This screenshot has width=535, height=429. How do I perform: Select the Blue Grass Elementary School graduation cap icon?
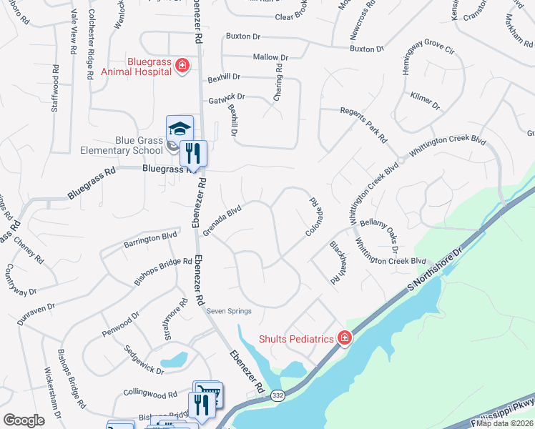point(180,129)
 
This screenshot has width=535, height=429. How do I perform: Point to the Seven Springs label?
point(226,311)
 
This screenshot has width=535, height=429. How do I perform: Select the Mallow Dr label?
point(270,57)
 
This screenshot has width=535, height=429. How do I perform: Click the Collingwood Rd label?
point(150,393)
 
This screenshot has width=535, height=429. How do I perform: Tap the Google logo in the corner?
point(24,420)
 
